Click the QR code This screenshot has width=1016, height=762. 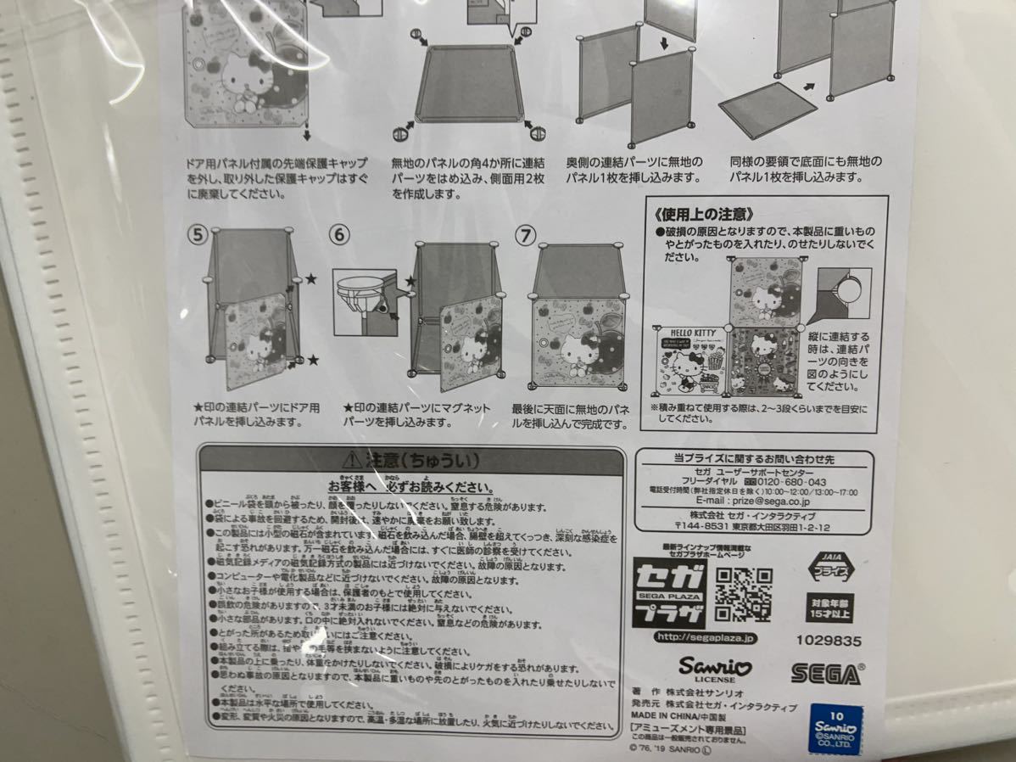743,594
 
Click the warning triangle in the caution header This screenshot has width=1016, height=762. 351,461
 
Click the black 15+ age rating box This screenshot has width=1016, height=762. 830,608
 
